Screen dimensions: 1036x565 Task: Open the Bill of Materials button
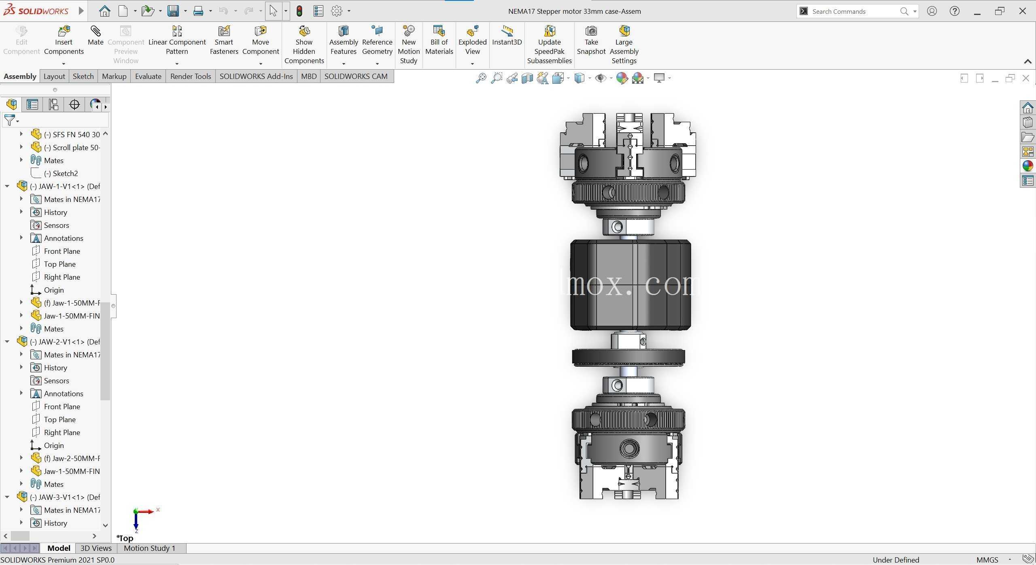click(439, 40)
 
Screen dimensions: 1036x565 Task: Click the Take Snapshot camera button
click(591, 40)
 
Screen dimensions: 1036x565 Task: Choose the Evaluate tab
click(148, 76)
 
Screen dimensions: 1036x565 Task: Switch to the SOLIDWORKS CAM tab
click(356, 76)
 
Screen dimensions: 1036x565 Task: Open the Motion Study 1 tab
click(149, 548)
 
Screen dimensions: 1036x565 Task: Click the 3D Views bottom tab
click(96, 548)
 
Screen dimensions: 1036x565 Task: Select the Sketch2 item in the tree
click(61, 174)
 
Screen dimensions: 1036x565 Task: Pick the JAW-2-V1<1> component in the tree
click(65, 342)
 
